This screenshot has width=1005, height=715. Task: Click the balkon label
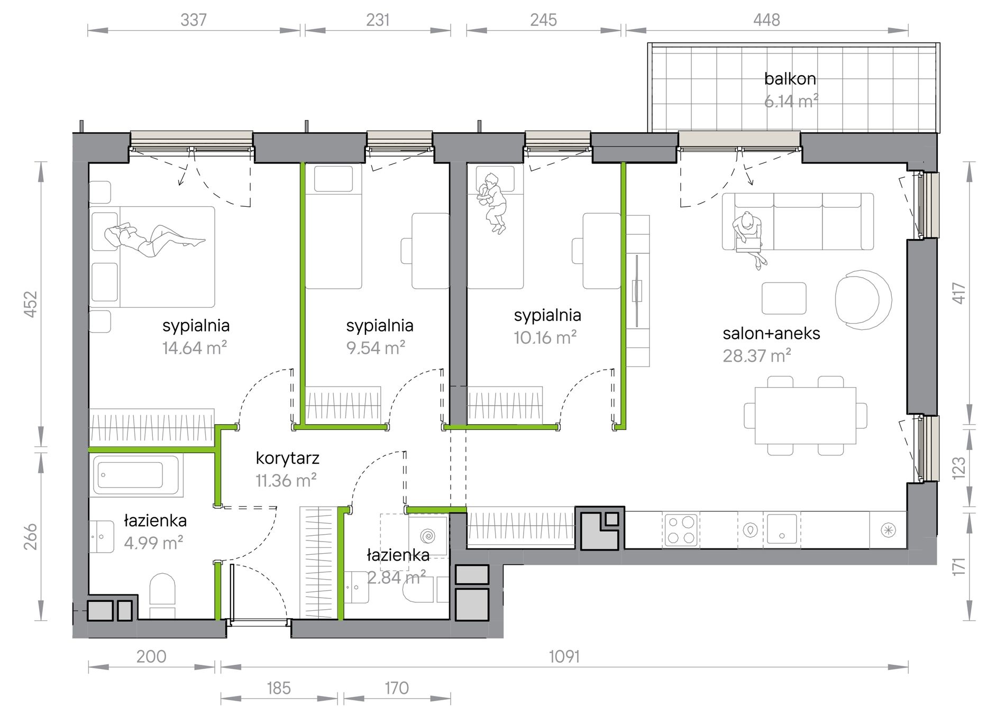point(790,79)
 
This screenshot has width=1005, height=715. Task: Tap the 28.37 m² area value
point(756,356)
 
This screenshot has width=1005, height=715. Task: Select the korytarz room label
point(287,459)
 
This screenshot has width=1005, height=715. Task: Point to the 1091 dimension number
point(564,657)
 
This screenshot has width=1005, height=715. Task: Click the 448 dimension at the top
point(766,20)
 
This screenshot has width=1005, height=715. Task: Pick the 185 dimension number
point(279,688)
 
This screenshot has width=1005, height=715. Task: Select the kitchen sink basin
point(782,529)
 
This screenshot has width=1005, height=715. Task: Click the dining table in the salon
point(805,416)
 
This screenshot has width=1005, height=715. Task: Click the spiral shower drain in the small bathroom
point(427,536)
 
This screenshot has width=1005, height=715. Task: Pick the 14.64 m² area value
point(195,348)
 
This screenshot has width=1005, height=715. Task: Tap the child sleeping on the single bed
point(492,203)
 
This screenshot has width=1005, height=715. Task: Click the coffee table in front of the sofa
point(784,298)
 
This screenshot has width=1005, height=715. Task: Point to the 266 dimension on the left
point(31,536)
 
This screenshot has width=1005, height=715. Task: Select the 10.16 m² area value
point(545,337)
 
